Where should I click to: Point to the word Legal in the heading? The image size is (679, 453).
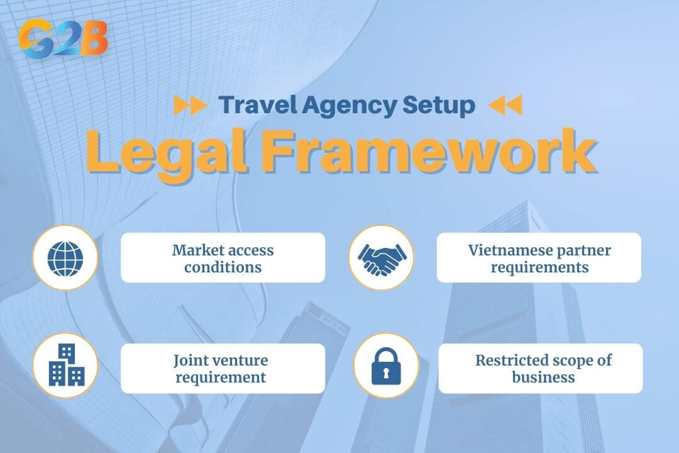coord(170,153)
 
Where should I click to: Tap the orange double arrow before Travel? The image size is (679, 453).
coord(190,105)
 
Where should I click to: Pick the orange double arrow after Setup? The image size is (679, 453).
coord(505,105)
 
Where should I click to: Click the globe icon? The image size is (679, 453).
coord(65,257)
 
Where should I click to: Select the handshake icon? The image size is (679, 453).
coord(382,258)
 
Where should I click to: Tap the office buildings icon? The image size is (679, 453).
coord(66,365)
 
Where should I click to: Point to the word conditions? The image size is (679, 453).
coord(223,267)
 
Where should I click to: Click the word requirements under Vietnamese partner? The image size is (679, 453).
coord(539,267)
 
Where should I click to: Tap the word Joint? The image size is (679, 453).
coord(192,361)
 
